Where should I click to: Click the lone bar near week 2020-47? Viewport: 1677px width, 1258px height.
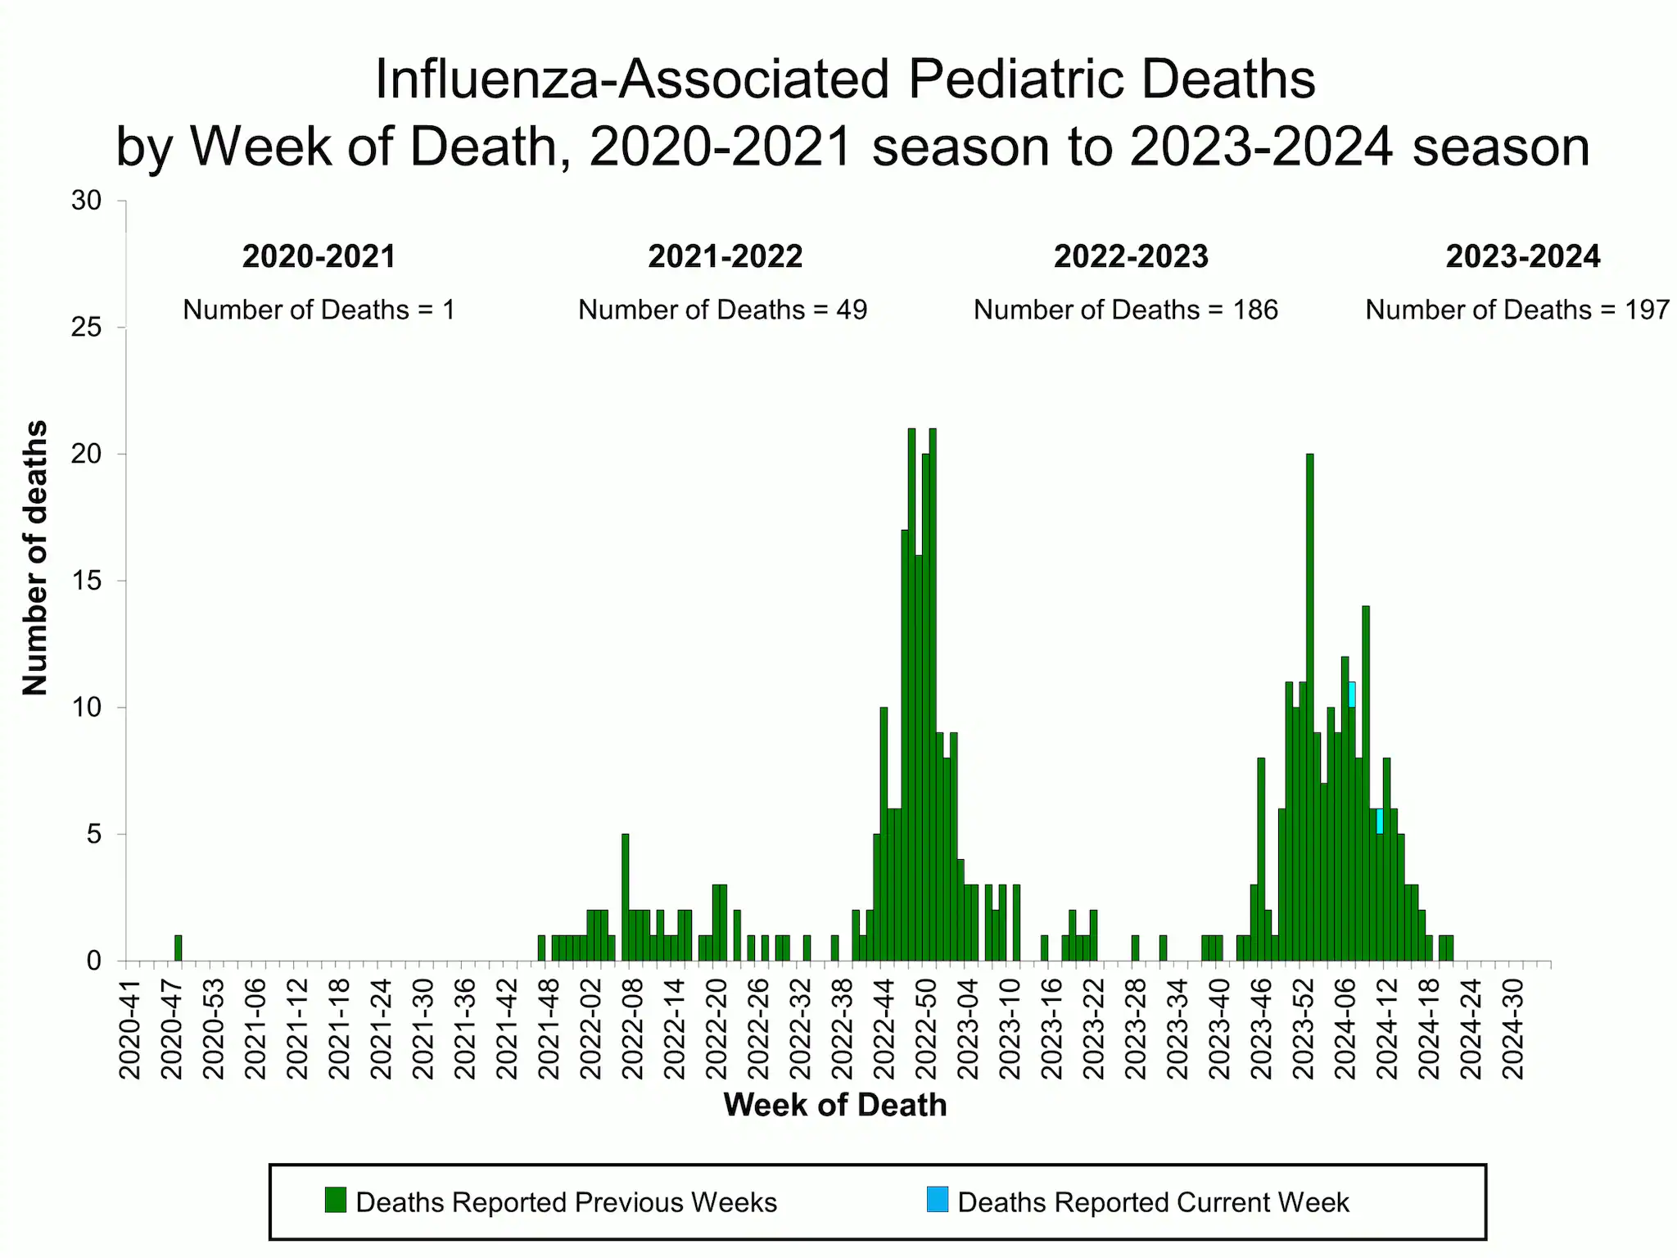pyautogui.click(x=179, y=948)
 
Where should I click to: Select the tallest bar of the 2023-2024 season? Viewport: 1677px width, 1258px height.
pyautogui.click(x=1310, y=704)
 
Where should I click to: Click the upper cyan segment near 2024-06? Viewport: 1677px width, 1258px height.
pyautogui.click(x=1352, y=695)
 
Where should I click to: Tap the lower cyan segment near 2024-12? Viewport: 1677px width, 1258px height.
pyautogui.click(x=1380, y=821)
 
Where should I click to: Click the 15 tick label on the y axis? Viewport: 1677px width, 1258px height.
pyautogui.click(x=86, y=581)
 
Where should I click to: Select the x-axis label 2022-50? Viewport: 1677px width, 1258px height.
pyautogui.click(x=926, y=1029)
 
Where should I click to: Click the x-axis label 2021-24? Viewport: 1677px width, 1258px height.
pyautogui.click(x=381, y=1029)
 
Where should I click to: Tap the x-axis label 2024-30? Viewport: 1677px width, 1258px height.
pyautogui.click(x=1513, y=1029)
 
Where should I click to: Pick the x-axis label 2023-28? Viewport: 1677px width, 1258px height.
pyautogui.click(x=1136, y=1029)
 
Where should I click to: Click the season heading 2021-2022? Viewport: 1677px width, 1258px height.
pyautogui.click(x=725, y=256)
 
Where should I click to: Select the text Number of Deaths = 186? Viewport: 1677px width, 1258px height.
pyautogui.click(x=1125, y=310)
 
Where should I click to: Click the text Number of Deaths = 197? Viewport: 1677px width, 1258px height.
pyautogui.click(x=1517, y=310)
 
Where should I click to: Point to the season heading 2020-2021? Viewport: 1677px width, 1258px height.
pyautogui.click(x=319, y=256)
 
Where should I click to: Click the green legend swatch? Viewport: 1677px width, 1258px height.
pyautogui.click(x=336, y=1200)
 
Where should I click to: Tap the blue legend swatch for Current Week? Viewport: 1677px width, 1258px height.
pyautogui.click(x=938, y=1200)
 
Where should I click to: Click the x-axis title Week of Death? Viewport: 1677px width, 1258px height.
pyautogui.click(x=834, y=1105)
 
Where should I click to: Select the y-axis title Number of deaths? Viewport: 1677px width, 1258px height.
pyautogui.click(x=35, y=558)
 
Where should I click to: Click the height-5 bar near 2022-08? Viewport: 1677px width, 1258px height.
pyautogui.click(x=626, y=898)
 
